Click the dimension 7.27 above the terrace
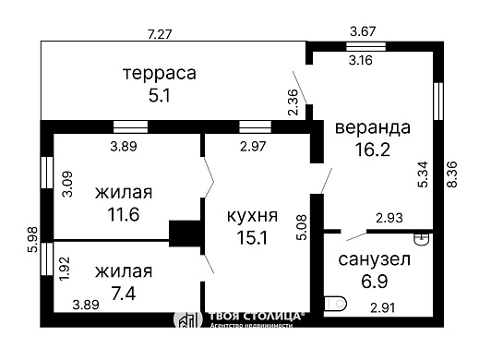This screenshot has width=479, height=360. click(160, 34)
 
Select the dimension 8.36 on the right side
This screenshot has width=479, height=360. click(452, 176)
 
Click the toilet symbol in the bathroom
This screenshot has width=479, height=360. click(336, 303)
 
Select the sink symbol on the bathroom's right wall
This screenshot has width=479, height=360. click(421, 238)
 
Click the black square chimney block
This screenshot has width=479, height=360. click(186, 234)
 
